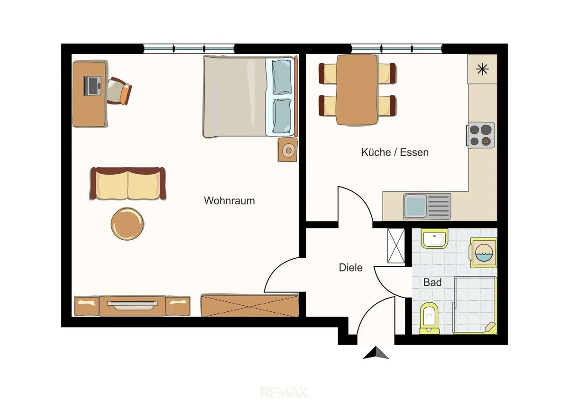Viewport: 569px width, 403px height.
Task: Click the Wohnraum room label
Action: point(229,201)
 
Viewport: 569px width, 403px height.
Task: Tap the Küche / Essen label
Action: point(395,152)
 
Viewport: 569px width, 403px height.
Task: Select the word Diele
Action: point(350,268)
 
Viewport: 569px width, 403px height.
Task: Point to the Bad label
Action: point(432,282)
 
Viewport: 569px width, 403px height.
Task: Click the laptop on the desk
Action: point(92,86)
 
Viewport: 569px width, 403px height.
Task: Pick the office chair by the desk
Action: point(119,91)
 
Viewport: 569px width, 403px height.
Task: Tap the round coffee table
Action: point(127,224)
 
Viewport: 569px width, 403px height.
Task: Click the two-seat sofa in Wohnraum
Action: point(128,184)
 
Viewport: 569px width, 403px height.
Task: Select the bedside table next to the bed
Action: point(287,150)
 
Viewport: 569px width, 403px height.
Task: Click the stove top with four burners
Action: point(480,135)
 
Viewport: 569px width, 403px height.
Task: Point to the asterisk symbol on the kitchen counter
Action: point(482,69)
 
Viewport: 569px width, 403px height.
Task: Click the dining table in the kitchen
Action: point(357,90)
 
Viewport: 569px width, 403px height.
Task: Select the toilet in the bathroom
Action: point(429,318)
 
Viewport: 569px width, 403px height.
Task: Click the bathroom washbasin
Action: point(435,238)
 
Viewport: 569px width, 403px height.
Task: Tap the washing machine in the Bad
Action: point(483,253)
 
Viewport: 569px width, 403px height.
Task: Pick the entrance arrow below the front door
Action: point(376,353)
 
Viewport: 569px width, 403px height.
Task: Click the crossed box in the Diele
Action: point(396,246)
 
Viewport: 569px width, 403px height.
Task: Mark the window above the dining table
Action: point(397,48)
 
